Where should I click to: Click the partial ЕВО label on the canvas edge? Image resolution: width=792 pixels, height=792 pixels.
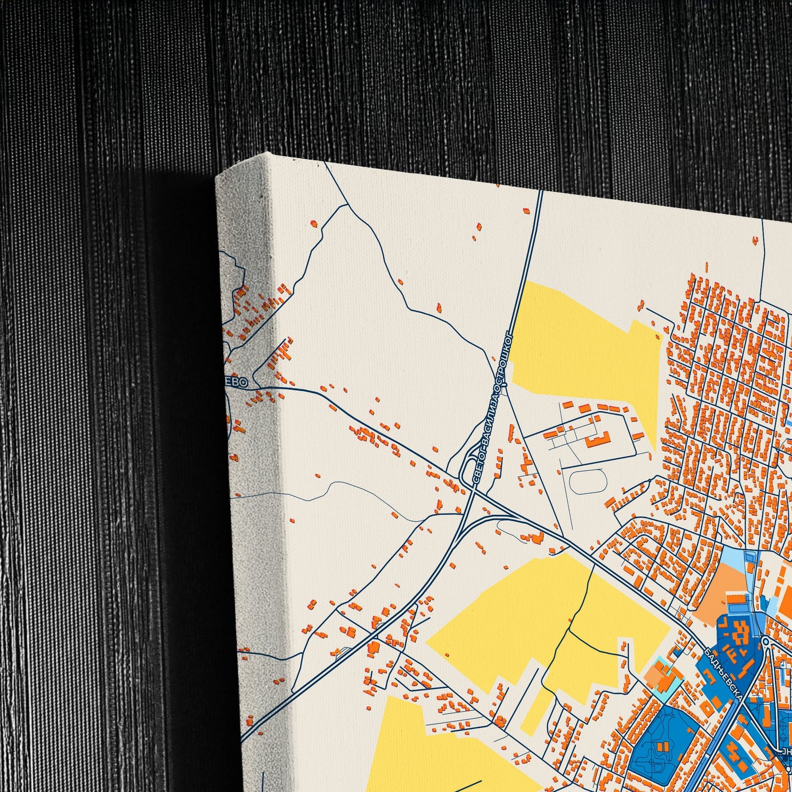point(238,381)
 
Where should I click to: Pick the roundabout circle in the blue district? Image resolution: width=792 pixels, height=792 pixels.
point(765,641)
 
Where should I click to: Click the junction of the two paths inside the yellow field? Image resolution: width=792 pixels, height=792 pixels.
point(569,630)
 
